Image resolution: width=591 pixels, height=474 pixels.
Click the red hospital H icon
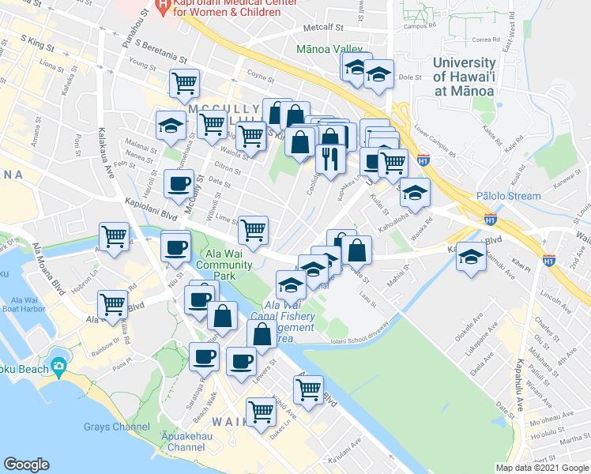click(162, 9)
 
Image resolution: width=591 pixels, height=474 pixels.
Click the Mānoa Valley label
click(329, 49)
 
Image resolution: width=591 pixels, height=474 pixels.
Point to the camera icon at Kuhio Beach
click(58, 367)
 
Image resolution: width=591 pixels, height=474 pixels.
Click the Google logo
click(26, 465)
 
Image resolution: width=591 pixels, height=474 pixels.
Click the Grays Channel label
click(116, 427)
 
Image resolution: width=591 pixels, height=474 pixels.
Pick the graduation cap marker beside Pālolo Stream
click(415, 191)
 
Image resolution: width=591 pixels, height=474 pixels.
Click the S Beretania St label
click(160, 51)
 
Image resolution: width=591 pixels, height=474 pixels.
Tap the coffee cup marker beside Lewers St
click(241, 361)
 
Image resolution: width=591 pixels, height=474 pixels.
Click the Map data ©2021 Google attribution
click(542, 468)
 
